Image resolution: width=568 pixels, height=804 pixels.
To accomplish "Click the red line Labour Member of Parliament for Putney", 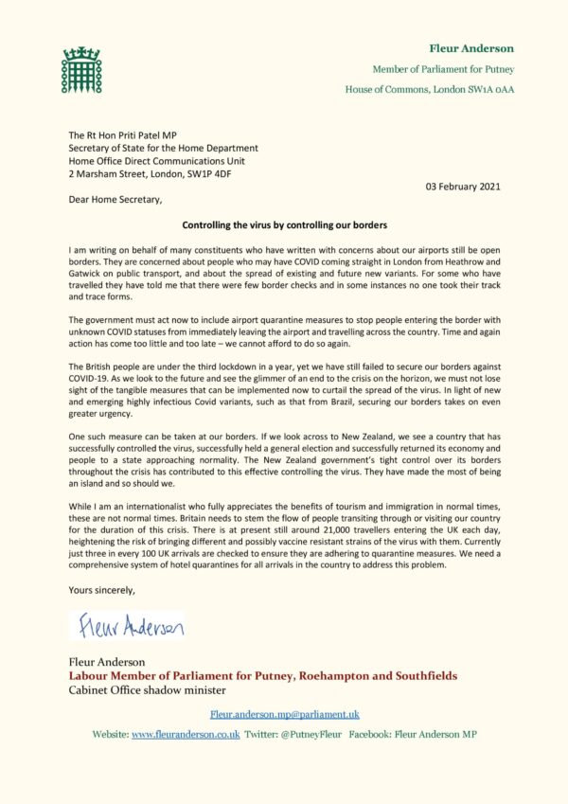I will (262, 676).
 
